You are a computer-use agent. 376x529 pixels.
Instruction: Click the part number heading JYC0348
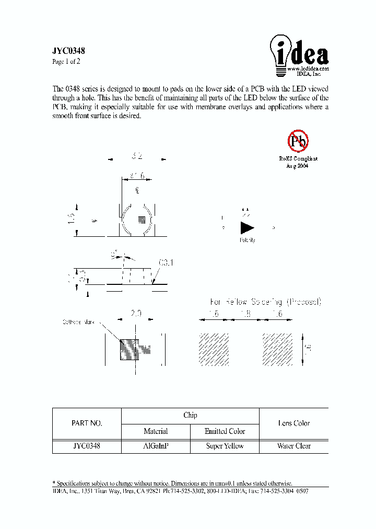68,51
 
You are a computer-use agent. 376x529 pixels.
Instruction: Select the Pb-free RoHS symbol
298,140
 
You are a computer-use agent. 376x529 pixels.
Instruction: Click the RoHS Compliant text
298,158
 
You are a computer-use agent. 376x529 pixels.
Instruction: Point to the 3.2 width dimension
137,156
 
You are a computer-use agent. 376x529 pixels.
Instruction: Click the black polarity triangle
246,228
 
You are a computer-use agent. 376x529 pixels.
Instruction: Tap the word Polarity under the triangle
248,240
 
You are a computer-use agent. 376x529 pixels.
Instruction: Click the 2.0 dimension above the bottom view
136,314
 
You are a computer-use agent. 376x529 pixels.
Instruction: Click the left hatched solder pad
214,349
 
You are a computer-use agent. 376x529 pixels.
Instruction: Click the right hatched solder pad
277,349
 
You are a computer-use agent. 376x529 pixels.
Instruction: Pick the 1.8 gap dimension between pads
245,314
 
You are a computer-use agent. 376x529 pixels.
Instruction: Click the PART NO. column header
87,423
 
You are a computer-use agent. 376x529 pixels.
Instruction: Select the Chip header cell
190,416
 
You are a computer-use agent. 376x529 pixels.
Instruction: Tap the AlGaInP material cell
156,446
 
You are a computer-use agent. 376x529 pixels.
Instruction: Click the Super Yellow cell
225,446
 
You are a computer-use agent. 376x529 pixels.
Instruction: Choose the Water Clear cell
294,446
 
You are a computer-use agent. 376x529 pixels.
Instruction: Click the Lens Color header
294,423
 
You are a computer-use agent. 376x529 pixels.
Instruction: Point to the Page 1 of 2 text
66,62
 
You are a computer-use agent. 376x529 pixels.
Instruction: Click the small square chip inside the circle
141,218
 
